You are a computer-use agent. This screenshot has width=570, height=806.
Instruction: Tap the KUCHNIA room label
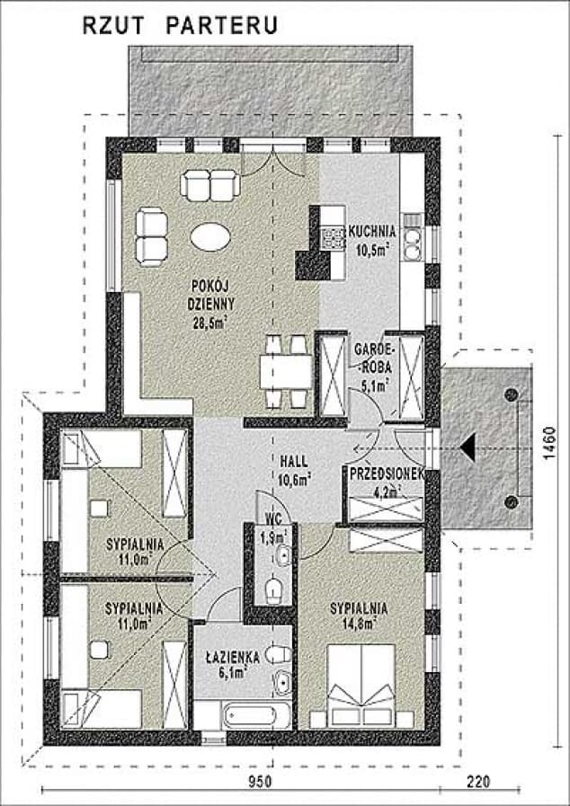(372, 231)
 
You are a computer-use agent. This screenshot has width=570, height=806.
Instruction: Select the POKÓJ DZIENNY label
(211, 295)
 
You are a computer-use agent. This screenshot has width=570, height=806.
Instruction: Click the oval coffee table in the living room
(209, 237)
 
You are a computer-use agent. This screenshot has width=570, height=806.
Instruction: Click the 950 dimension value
(260, 782)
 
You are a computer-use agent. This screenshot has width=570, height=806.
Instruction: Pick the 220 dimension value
(478, 782)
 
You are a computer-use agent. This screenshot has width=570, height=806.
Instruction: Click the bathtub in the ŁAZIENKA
(250, 716)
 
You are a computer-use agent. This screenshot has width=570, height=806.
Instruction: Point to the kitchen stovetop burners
(333, 237)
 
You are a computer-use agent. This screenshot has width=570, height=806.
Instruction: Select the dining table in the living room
(286, 372)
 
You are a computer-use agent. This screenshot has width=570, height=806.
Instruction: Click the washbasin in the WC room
(282, 555)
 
